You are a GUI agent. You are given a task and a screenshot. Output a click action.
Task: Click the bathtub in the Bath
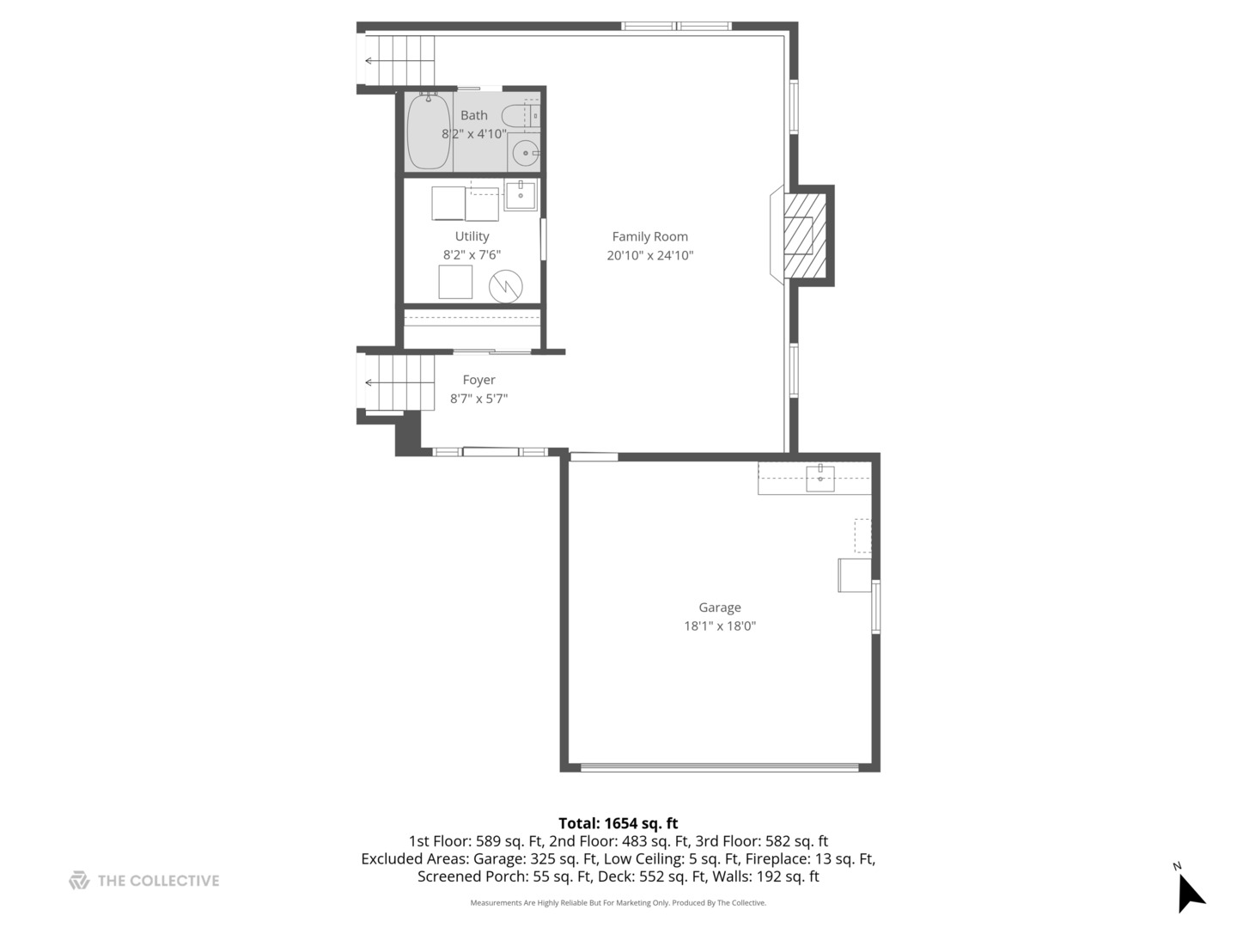pos(428,132)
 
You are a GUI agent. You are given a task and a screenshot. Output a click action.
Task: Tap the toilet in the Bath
pos(520,115)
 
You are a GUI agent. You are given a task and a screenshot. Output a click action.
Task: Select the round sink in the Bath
pos(525,154)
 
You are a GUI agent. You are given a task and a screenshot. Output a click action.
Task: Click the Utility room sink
pos(520,195)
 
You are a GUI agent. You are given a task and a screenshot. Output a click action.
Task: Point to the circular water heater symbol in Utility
pos(506,286)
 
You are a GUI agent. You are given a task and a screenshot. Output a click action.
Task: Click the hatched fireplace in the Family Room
pos(802,235)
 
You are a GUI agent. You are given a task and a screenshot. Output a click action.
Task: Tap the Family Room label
pos(649,236)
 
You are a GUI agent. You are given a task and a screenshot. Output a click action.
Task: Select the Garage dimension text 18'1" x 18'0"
pos(719,626)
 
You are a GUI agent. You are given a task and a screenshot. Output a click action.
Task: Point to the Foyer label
pos(478,380)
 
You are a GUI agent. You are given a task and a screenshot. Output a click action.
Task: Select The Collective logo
pos(144,881)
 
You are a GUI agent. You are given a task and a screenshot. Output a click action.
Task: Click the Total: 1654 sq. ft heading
pos(618,823)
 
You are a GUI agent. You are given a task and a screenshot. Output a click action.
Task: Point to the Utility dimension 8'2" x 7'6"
pos(472,255)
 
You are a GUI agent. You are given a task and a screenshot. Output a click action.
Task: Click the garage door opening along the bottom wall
pos(719,766)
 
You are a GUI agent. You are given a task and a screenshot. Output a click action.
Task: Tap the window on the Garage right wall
pos(875,606)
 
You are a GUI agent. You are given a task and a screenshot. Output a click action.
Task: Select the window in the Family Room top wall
pos(676,27)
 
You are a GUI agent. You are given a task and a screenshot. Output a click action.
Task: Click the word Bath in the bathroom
pos(473,115)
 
